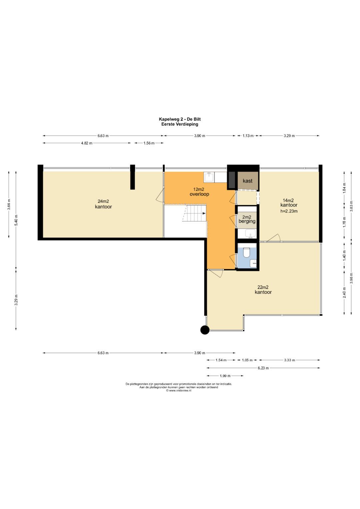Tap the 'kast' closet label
(x=247, y=181)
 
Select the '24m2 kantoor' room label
(x=103, y=204)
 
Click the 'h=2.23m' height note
(x=289, y=211)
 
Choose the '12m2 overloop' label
(x=199, y=192)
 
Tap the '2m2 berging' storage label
(x=247, y=219)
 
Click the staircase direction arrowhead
(x=204, y=213)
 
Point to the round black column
(x=205, y=330)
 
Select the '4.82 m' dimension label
(x=87, y=143)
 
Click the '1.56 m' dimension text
(x=149, y=143)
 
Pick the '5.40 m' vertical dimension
(x=16, y=220)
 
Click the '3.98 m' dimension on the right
(x=351, y=278)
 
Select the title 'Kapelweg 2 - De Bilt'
(x=180, y=119)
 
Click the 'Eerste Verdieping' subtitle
(x=180, y=124)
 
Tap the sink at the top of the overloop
(x=209, y=177)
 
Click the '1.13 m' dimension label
(x=248, y=136)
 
